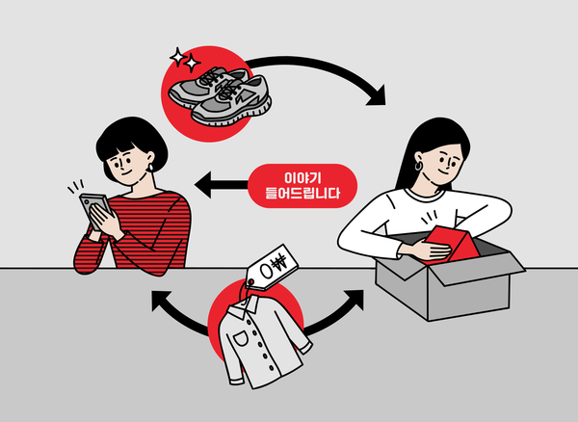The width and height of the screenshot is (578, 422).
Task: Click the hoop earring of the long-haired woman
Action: pos(420,167)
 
